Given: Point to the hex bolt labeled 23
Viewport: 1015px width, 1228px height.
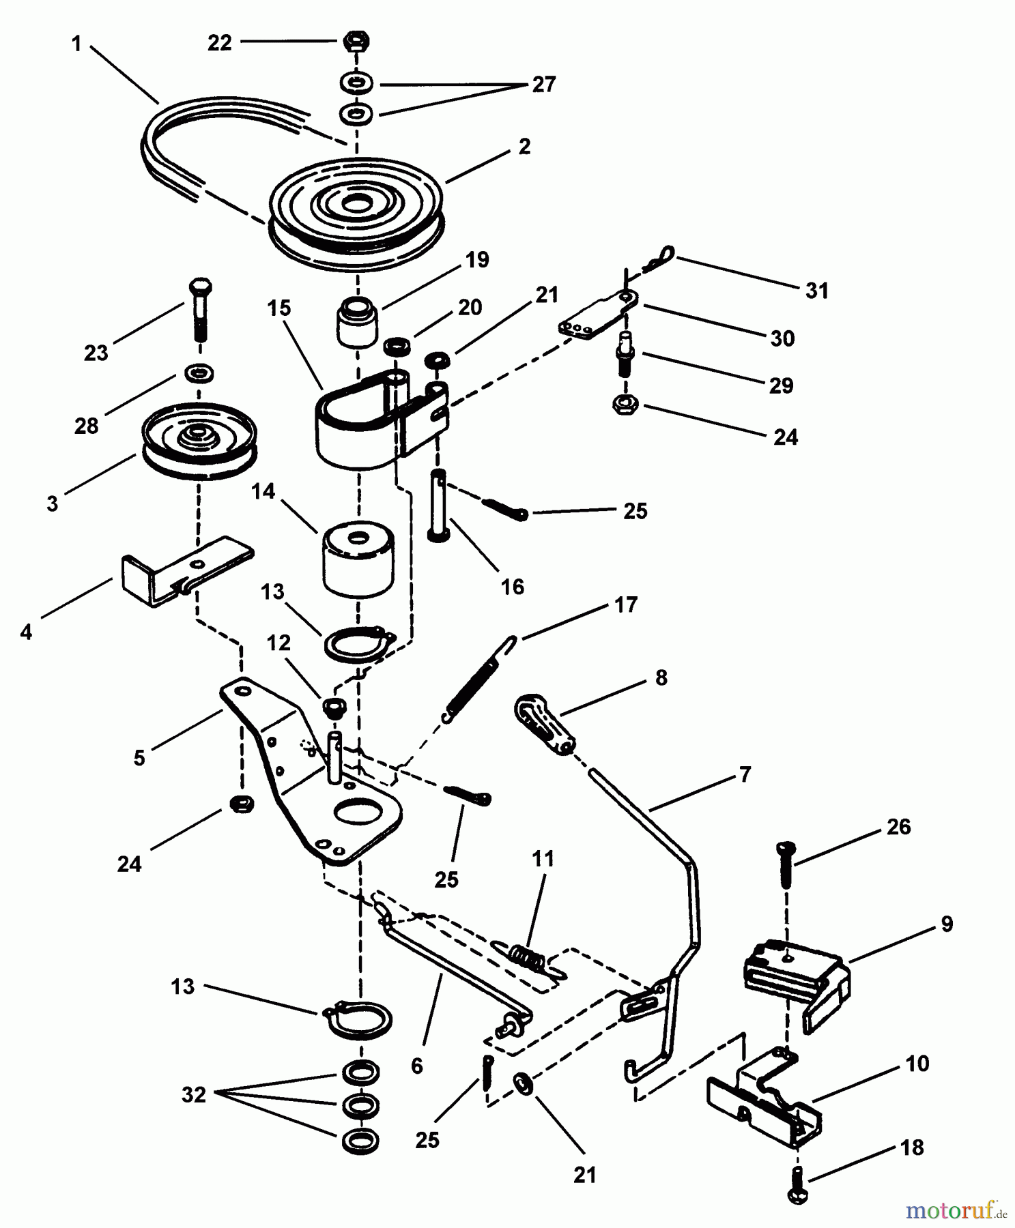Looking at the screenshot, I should (199, 310).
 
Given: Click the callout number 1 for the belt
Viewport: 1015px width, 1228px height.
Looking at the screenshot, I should (76, 44).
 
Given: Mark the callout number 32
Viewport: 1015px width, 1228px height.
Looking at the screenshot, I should (194, 1095).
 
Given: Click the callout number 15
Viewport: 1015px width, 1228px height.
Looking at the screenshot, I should (278, 308).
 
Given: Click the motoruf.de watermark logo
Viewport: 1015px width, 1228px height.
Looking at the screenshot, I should (960, 1210).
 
